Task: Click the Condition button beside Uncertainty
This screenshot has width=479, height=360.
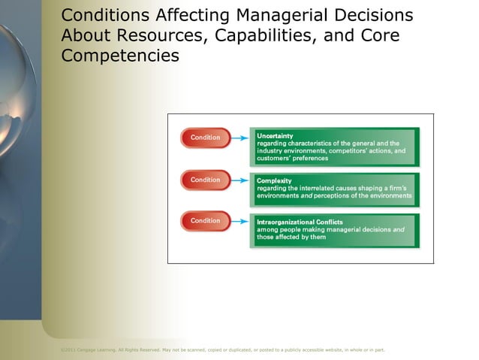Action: [x=205, y=138]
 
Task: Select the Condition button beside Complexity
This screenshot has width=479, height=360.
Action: [x=205, y=180]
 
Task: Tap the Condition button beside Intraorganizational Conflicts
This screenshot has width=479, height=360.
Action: [x=205, y=221]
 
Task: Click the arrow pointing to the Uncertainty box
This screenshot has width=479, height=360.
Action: [x=240, y=138]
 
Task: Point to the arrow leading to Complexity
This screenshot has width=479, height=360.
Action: [x=240, y=180]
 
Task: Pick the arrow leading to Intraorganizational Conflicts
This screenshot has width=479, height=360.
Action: [x=240, y=221]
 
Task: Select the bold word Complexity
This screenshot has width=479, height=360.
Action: [x=274, y=180]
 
